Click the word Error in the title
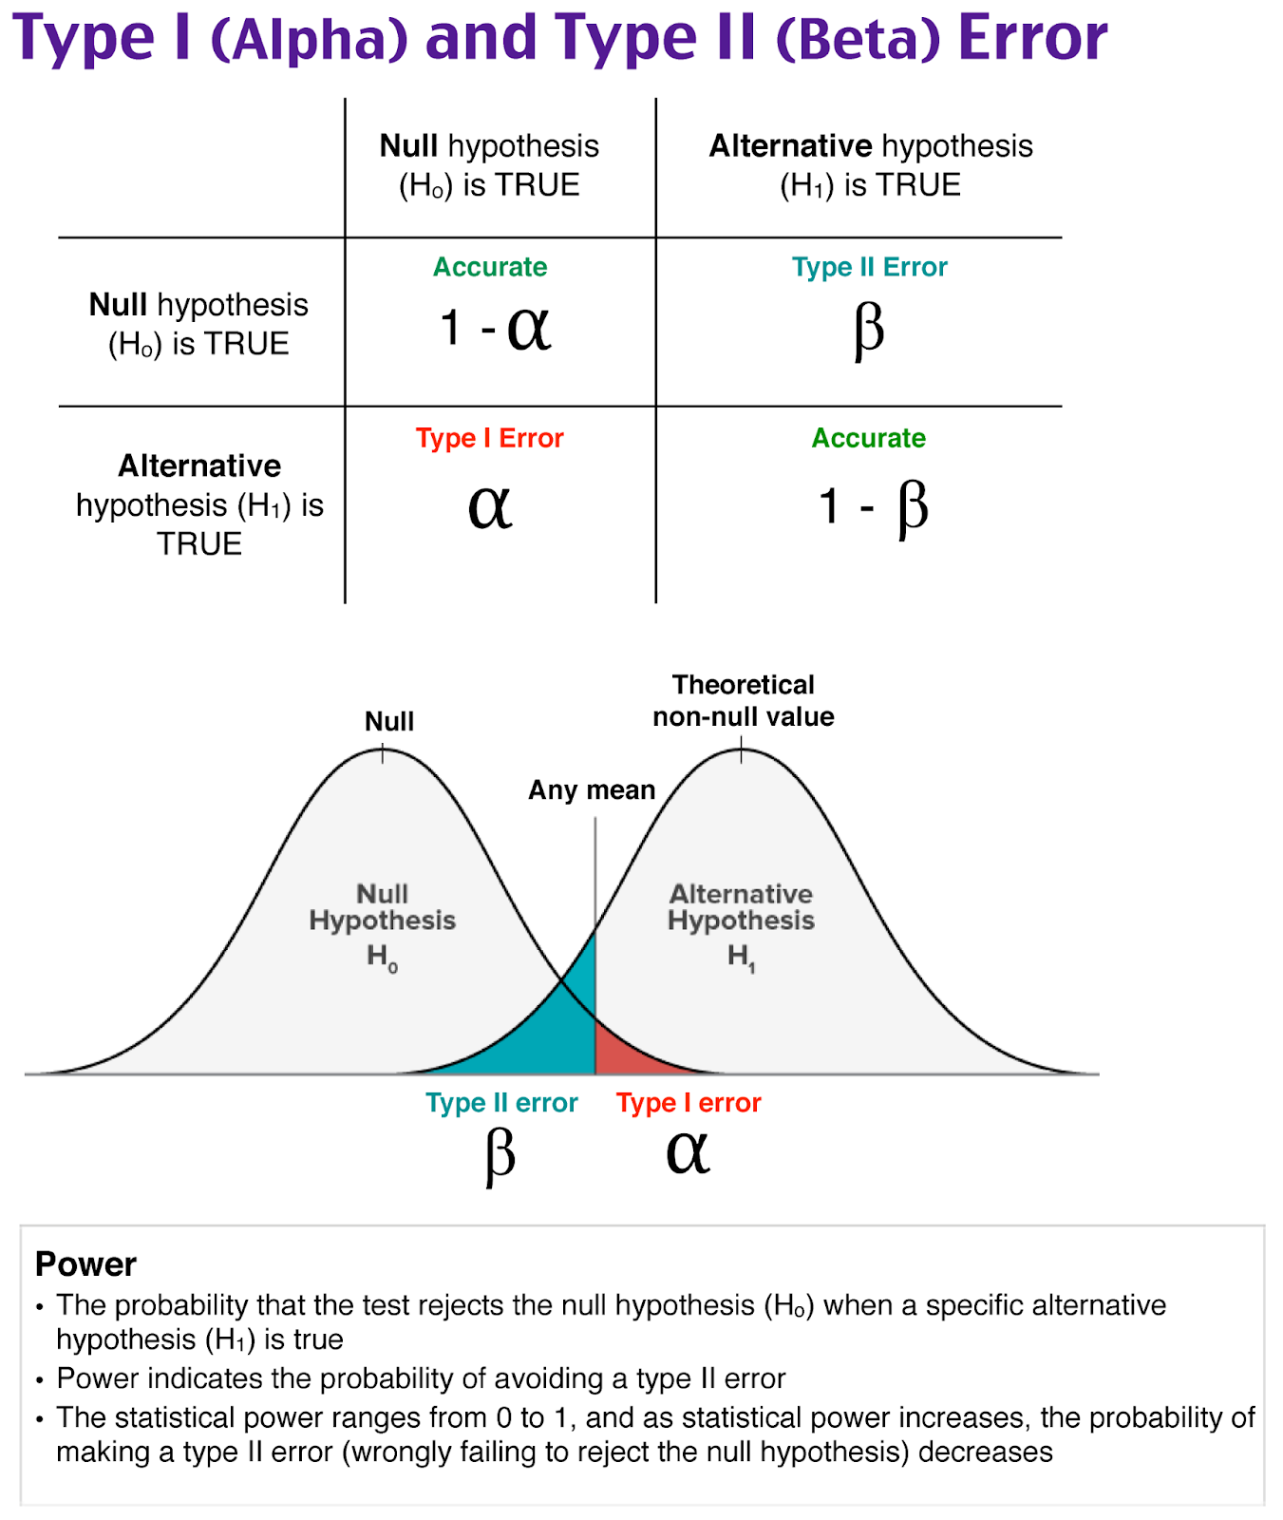click(x=1032, y=38)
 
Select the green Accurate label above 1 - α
click(x=490, y=267)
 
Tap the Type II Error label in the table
click(x=869, y=267)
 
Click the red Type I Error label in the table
click(x=489, y=438)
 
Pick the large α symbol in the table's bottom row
click(x=490, y=506)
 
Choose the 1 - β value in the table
click(x=873, y=506)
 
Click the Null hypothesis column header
click(x=489, y=164)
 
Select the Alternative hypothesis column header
click(x=870, y=164)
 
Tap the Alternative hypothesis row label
click(x=199, y=504)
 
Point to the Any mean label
click(x=592, y=790)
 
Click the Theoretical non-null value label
click(x=744, y=700)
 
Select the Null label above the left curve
click(x=389, y=721)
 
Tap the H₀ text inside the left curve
click(x=383, y=957)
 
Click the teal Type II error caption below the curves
click(x=501, y=1103)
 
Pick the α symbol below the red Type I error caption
click(x=688, y=1152)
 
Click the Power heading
click(x=85, y=1264)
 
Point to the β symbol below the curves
click(x=500, y=1156)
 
